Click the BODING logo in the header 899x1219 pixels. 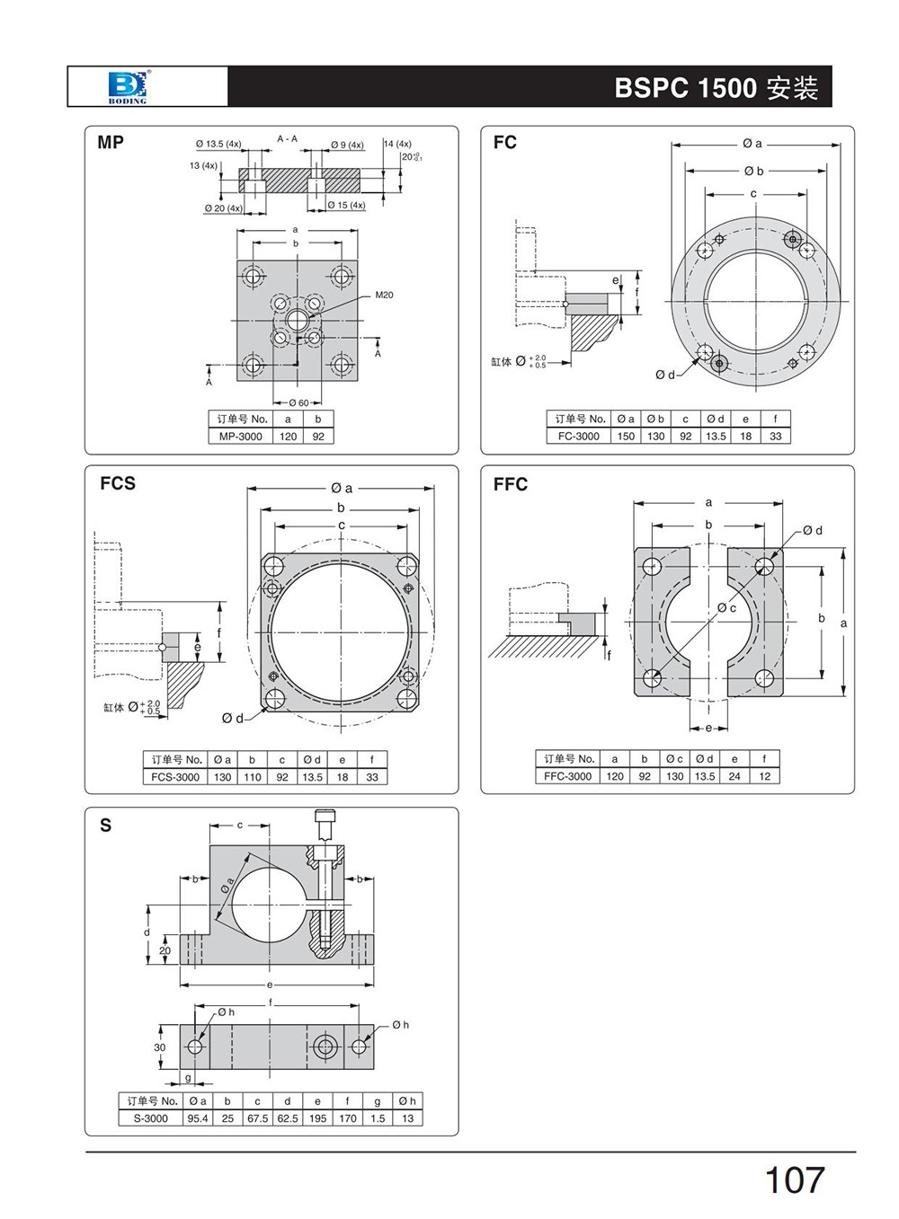pos(127,86)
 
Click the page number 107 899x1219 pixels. pos(794,1179)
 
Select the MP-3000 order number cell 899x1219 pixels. pos(241,437)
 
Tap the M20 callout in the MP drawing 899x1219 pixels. pos(384,295)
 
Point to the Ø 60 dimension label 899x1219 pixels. pos(298,402)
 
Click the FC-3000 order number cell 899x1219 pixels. pos(578,437)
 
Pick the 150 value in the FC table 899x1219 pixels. pos(626,437)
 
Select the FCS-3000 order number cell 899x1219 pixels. pos(175,777)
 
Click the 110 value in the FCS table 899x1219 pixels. pos(252,777)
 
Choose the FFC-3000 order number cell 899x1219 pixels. pos(568,776)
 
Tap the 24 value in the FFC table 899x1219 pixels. pos(734,776)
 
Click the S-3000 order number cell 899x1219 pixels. pos(150,1118)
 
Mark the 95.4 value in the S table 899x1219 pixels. pos(197,1118)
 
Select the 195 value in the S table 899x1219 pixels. pos(317,1118)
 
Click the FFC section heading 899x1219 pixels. pos(510,484)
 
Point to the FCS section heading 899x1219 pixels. pos(118,483)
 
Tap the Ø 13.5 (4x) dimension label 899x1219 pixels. pos(218,144)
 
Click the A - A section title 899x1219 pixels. pos(288,139)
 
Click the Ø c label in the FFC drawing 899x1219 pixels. pos(726,608)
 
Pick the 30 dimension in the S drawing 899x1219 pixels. pos(160,1047)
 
